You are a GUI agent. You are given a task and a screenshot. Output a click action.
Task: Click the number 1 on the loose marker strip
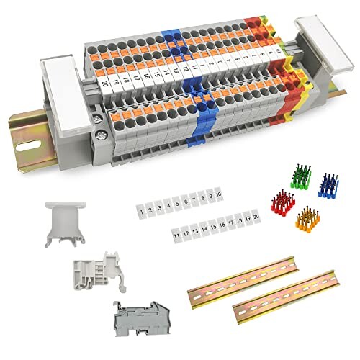(x=142, y=211)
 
